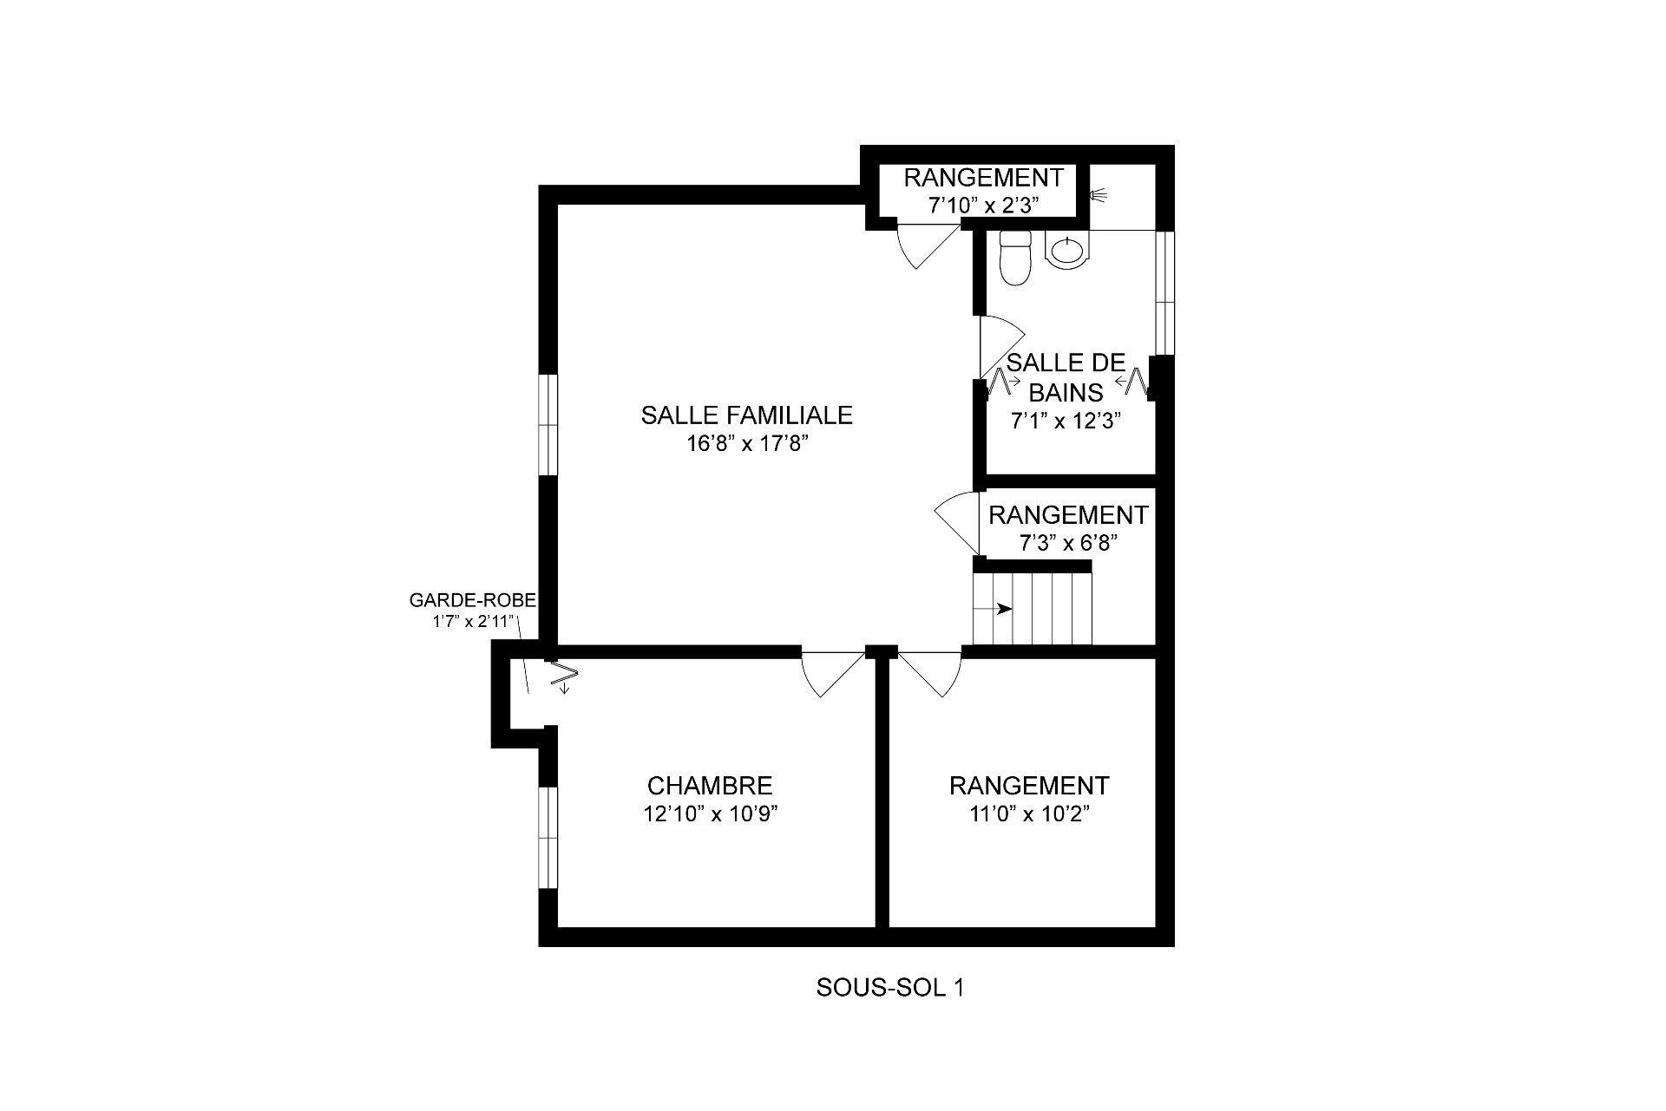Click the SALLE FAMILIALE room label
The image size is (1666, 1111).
(746, 415)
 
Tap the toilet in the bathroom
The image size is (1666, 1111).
(1014, 257)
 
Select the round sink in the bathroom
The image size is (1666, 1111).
(1066, 252)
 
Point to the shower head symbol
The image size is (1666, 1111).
(1100, 196)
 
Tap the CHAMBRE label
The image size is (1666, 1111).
(710, 786)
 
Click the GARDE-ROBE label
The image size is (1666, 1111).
(472, 599)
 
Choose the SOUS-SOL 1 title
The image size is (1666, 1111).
(889, 988)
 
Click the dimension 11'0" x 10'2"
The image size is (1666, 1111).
(1029, 814)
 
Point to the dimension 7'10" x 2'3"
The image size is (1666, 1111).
(983, 206)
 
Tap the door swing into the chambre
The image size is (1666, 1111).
(831, 673)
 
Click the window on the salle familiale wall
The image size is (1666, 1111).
(548, 425)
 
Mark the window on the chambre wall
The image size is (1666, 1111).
(548, 838)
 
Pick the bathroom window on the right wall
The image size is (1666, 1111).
(1164, 293)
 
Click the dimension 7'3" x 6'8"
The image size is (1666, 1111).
(1066, 543)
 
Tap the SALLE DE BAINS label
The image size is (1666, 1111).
(1066, 377)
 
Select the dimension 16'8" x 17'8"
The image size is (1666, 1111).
(746, 445)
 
